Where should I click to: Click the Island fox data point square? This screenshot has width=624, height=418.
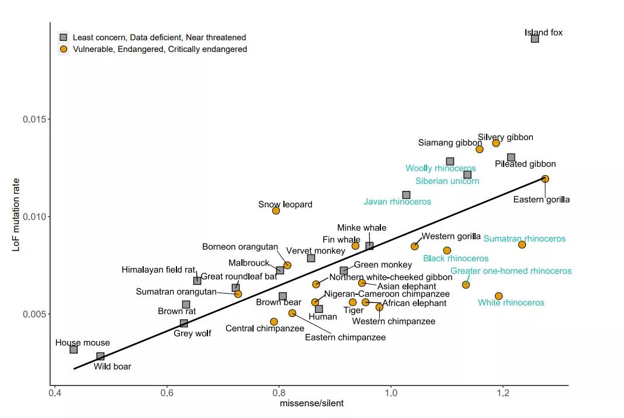point(535,39)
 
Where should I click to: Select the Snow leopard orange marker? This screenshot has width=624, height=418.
point(276,210)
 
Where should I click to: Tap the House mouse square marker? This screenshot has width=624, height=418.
point(74,349)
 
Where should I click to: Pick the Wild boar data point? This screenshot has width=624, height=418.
point(100,356)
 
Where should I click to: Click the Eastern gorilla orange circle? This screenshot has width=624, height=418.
point(545,179)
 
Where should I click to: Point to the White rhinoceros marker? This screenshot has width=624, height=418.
point(498,297)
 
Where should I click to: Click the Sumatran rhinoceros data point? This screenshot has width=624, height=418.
point(522,245)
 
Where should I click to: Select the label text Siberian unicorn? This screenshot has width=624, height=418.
point(447,181)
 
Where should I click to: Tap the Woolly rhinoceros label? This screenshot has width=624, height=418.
point(441,168)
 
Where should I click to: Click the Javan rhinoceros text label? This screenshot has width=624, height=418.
point(397,201)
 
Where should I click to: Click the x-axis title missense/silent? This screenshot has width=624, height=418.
point(311,403)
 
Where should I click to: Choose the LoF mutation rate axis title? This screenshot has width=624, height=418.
point(17,215)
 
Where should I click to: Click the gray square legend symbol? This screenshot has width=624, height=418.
point(64,37)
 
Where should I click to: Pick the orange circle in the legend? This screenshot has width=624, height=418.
point(64,49)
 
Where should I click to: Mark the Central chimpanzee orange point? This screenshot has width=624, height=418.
point(274,322)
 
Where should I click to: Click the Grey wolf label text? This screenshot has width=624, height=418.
point(192,333)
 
